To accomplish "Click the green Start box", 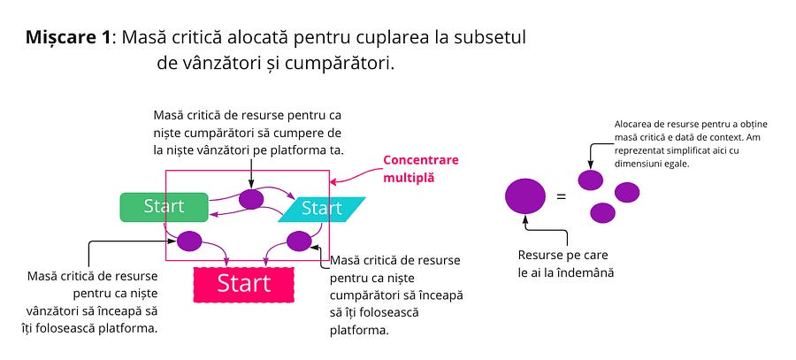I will [164, 206].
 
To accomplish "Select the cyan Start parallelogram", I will [321, 209].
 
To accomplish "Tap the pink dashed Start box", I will [243, 283].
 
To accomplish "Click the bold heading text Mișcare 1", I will [69, 38].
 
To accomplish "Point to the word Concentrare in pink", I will [421, 161].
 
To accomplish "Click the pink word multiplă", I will [408, 178].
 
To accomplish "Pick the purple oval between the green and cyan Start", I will [251, 199].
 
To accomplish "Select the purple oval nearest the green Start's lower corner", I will [189, 240].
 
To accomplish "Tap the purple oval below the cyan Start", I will [299, 241].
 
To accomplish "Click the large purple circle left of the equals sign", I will [525, 195].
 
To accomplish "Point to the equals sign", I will [561, 195].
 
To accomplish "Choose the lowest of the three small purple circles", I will [602, 212].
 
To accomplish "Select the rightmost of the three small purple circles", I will [627, 192].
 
